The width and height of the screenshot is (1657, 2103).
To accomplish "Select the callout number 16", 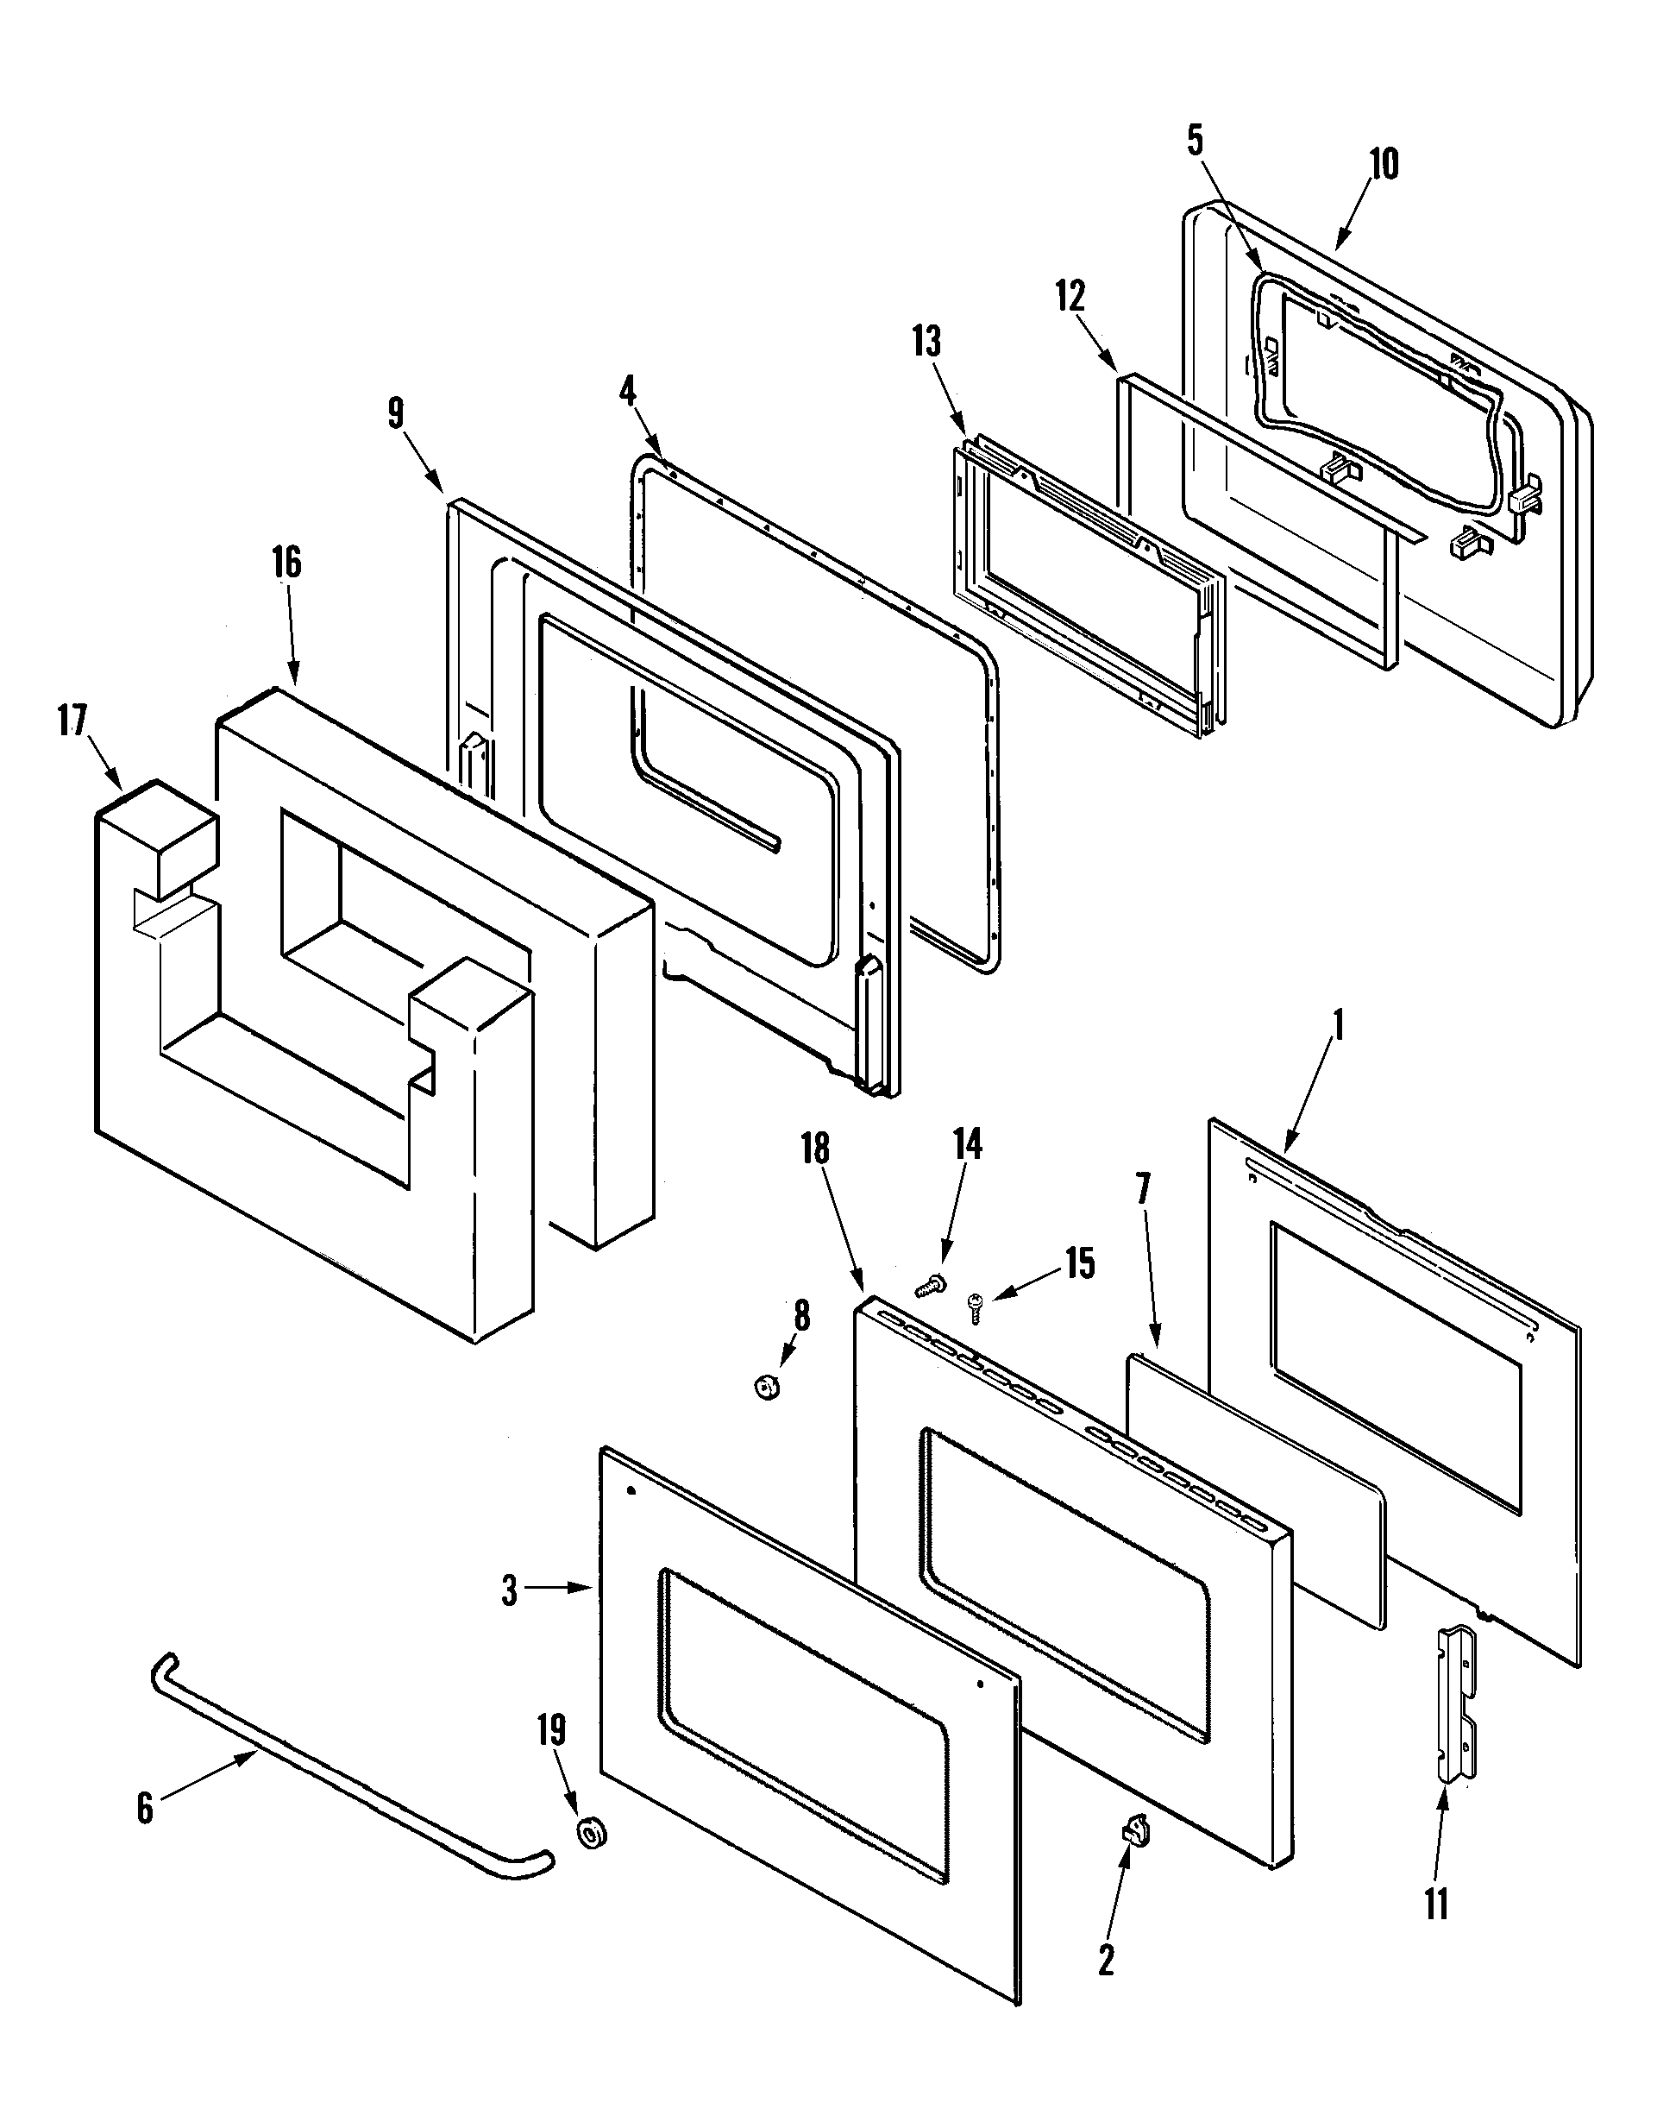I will click(x=286, y=563).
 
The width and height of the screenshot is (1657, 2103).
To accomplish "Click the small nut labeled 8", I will click(x=767, y=1388).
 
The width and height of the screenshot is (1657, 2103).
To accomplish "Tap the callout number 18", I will click(x=815, y=1149).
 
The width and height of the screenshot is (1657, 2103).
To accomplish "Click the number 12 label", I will click(x=1070, y=297).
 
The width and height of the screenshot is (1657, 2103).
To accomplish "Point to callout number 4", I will click(x=628, y=392).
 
